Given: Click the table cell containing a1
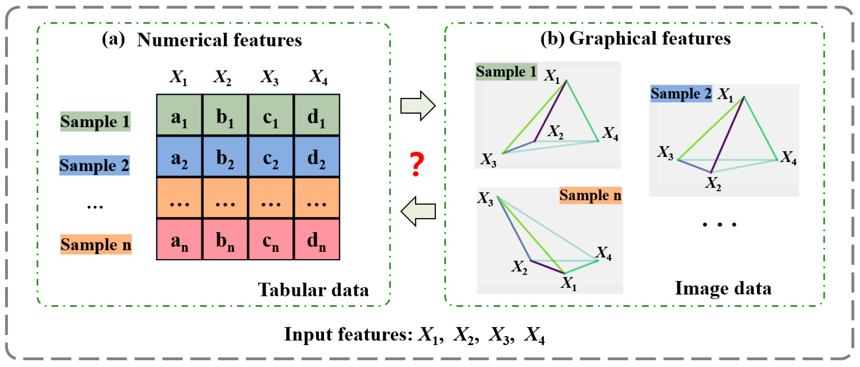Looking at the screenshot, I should pos(179,116).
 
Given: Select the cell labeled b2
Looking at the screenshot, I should pos(225,156).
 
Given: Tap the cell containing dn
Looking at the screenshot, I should pos(316,239).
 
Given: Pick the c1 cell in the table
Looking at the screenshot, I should pos(271,116).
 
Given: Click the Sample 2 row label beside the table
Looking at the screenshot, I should pos(94,165).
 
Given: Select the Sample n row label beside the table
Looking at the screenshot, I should pos(96,244).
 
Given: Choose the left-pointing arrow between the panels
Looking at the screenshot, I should pos(418,211).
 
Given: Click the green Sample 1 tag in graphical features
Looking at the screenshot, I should pos(506,72).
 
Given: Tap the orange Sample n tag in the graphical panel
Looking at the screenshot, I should pos(590,195).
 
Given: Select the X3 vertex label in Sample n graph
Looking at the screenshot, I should pos(485,199).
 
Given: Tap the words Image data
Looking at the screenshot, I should pos(723,288).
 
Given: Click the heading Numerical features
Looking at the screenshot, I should pos(219,40).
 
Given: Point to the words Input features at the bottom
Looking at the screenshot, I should pos(348,334).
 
